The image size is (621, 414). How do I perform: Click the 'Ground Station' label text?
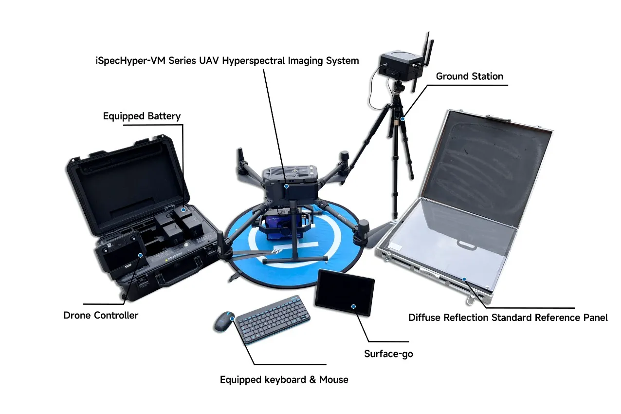[x=469, y=76]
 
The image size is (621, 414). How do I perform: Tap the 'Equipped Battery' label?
[x=142, y=116]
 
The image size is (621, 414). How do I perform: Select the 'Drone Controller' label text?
[x=101, y=315]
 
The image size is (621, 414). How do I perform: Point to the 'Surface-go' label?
[x=388, y=354]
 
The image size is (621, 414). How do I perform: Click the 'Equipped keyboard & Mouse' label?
[x=284, y=379]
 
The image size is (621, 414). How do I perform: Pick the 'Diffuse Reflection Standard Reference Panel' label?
[x=508, y=318]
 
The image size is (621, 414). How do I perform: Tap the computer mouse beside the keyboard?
[x=224, y=321]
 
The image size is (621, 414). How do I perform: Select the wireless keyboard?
[x=274, y=319]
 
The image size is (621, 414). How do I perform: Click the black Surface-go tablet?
[x=345, y=292]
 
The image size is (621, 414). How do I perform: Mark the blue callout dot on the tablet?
[x=353, y=306]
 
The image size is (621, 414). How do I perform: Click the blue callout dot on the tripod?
[x=402, y=119]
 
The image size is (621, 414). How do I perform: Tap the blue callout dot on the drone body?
[x=287, y=186]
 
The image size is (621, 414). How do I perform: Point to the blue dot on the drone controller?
[x=141, y=255]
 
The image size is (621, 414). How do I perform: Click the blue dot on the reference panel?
[x=464, y=279]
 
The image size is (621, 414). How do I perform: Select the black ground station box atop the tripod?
[x=401, y=65]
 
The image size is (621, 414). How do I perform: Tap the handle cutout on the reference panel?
[x=466, y=245]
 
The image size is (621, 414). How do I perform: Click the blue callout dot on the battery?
[x=183, y=209]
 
